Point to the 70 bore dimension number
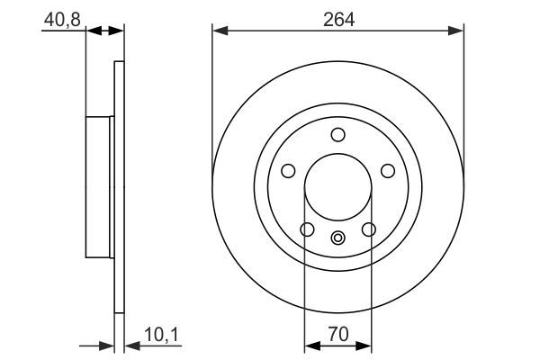pyautogui.click(x=337, y=333)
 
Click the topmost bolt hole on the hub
pyautogui.click(x=338, y=135)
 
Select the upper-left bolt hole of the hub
pyautogui.click(x=288, y=171)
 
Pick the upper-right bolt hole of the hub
pyautogui.click(x=389, y=171)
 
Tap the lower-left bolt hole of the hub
pyautogui.click(x=307, y=230)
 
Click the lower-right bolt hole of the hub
pyautogui.click(x=369, y=230)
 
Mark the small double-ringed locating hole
pyautogui.click(x=338, y=238)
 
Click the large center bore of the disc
pyautogui.click(x=338, y=188)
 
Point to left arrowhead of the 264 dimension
pyautogui.click(x=219, y=31)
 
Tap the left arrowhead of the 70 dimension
pyautogui.click(x=311, y=345)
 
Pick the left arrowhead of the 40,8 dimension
pyautogui.click(x=91, y=31)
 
